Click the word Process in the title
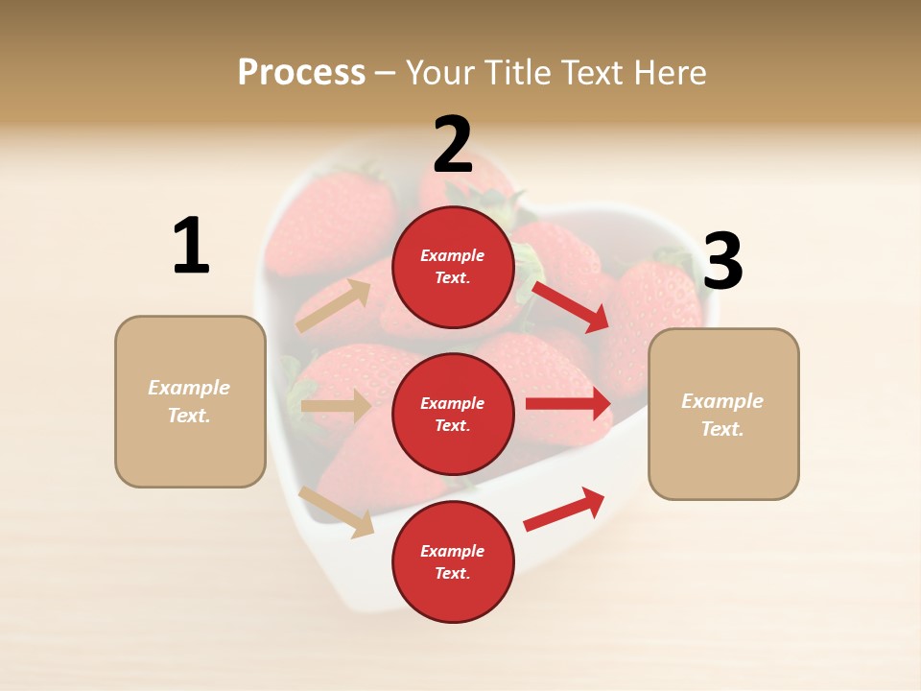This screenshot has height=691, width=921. (x=301, y=73)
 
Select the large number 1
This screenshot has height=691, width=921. (x=191, y=246)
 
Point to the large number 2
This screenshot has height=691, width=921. (x=453, y=145)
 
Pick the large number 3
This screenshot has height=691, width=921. (x=722, y=261)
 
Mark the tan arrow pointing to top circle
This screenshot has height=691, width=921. (x=333, y=306)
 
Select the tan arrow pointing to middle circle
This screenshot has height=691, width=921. (x=335, y=406)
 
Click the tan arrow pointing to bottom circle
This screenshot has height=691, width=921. (x=337, y=512)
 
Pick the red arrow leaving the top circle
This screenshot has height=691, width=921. (x=570, y=306)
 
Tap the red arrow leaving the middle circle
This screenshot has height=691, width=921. (x=568, y=404)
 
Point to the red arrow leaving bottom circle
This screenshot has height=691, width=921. (x=564, y=509)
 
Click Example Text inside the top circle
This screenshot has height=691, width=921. (x=453, y=267)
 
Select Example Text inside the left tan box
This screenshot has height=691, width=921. (x=189, y=401)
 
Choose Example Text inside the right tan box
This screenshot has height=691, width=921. (x=722, y=415)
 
